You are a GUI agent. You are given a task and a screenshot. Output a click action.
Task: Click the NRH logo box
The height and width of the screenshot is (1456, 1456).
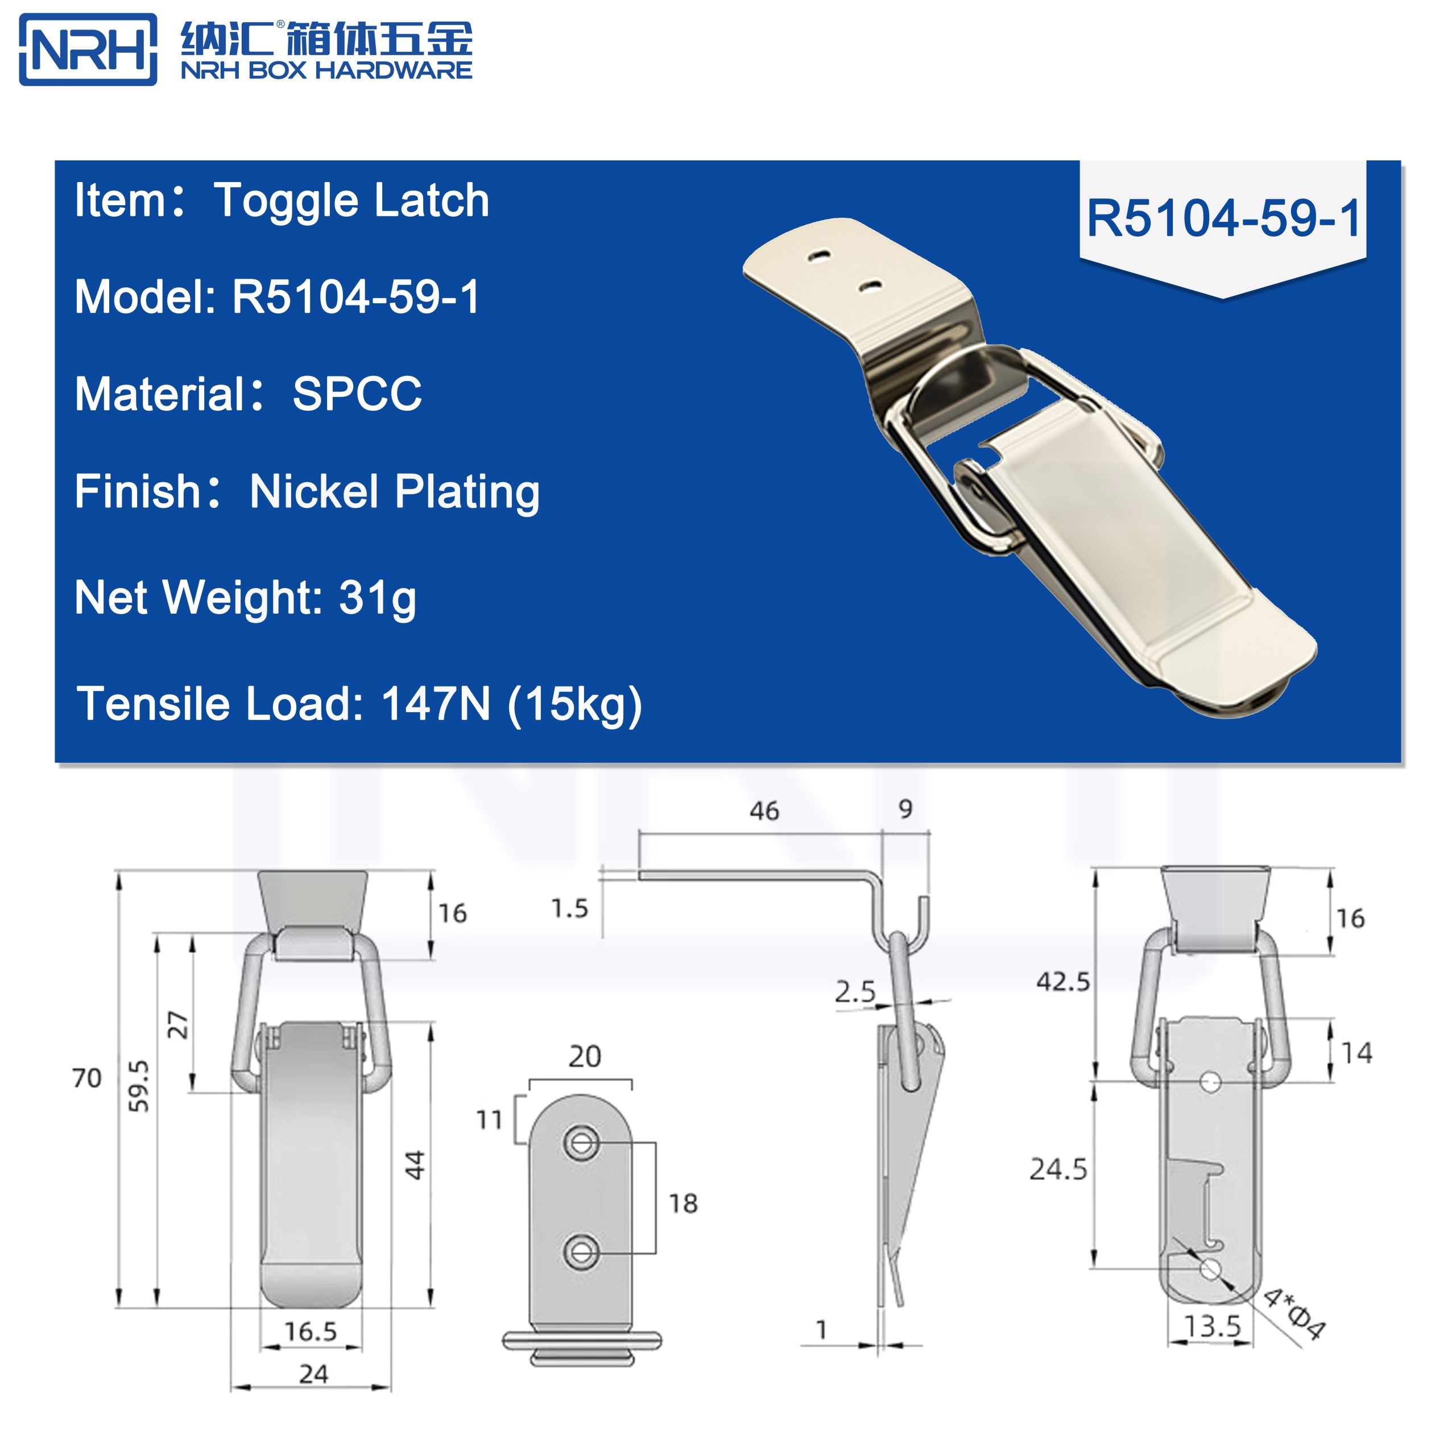88,49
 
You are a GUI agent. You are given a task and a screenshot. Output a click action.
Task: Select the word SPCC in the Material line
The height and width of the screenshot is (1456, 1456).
357,394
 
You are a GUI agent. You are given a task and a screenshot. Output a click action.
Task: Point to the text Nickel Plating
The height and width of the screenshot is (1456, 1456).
394,491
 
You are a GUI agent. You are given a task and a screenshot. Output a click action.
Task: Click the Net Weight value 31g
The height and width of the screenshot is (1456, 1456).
378,598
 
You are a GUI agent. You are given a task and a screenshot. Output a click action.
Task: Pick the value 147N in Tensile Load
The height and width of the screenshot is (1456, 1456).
436,704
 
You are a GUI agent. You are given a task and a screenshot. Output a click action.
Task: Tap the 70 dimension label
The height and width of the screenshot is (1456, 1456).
86,1078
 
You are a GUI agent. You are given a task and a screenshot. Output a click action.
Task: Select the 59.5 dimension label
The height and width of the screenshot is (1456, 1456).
139,1086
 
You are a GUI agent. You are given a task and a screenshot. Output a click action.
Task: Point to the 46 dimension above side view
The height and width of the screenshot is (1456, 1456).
763,811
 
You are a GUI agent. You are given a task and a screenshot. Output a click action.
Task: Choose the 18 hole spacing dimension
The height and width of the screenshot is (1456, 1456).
682,1203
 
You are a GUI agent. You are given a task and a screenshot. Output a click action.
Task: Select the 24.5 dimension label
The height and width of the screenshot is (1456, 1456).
1058,1169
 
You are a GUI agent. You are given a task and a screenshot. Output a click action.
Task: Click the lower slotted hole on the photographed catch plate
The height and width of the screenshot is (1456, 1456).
871,286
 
